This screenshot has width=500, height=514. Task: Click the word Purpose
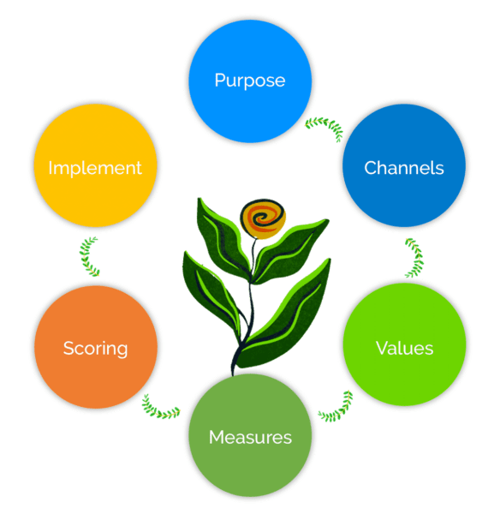point(249,81)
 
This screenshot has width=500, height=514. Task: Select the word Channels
point(404,168)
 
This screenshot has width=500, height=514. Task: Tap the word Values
point(404,349)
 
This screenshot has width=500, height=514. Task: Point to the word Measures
point(250,438)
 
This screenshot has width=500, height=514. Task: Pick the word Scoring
point(95,349)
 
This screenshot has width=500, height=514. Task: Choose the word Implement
point(95,168)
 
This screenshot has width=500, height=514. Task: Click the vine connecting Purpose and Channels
point(324,127)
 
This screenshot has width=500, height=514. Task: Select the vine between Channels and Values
point(414,257)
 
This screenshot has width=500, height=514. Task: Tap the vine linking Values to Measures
point(336,407)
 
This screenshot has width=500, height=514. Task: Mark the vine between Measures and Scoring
point(161,407)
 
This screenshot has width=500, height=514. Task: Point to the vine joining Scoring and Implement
point(89,257)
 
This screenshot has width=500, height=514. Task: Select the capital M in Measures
point(217,438)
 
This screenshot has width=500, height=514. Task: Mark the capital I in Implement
point(51,168)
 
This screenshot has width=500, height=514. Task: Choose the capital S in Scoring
point(68,349)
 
